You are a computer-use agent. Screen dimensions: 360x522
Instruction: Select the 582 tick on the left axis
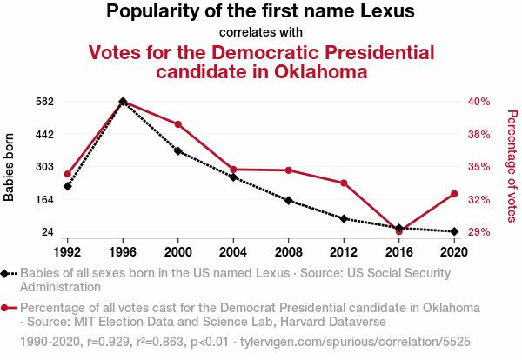pyautogui.click(x=45, y=101)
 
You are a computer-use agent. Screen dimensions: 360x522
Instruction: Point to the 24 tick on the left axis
pyautogui.click(x=49, y=232)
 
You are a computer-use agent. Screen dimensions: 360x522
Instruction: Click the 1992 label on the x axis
pyautogui.click(x=68, y=251)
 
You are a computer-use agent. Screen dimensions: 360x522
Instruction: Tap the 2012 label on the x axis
pyautogui.click(x=344, y=251)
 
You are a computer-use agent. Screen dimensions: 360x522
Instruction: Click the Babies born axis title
pyautogui.click(x=10, y=166)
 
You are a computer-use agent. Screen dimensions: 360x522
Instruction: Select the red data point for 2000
pyautogui.click(x=178, y=124)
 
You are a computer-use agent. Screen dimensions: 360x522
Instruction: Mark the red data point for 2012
pyautogui.click(x=344, y=183)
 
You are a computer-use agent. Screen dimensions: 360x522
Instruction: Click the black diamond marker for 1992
pyautogui.click(x=68, y=186)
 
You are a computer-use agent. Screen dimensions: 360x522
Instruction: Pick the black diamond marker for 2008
pyautogui.click(x=289, y=201)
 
